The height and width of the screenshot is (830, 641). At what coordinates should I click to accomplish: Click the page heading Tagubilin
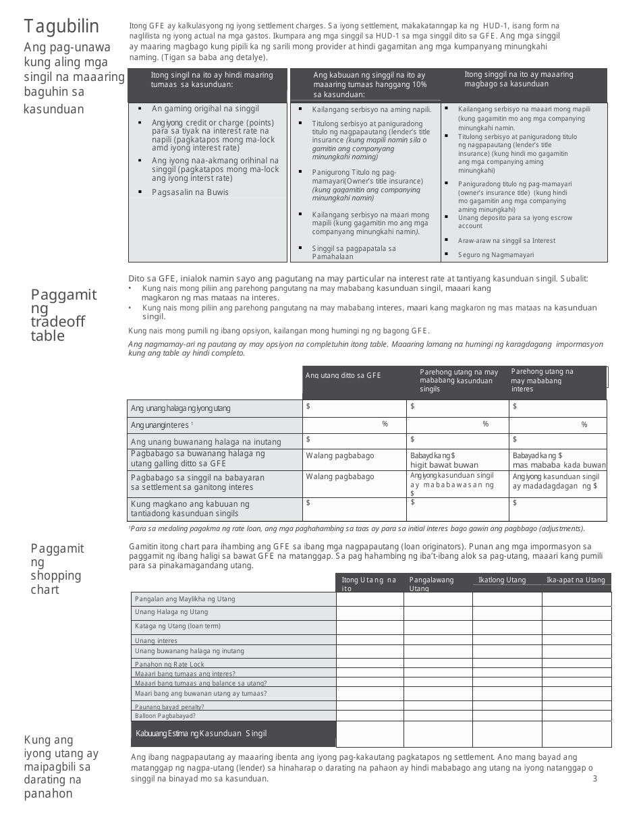(x=62, y=26)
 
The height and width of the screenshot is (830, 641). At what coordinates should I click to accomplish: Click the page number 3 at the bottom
(x=594, y=779)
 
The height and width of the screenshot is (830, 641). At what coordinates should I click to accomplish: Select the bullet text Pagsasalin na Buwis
(x=190, y=192)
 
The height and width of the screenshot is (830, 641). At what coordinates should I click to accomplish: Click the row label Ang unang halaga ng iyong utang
(x=180, y=408)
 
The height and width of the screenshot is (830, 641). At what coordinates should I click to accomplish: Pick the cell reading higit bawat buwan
(x=444, y=465)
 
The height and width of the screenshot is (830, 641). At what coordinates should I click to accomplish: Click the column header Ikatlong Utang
(x=502, y=580)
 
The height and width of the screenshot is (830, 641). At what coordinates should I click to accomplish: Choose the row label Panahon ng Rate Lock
(x=169, y=665)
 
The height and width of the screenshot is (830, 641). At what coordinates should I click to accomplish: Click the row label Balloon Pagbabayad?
(x=165, y=715)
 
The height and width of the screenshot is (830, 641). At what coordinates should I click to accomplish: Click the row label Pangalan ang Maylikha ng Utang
(x=185, y=599)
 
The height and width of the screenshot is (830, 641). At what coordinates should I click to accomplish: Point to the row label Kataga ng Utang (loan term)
(x=177, y=626)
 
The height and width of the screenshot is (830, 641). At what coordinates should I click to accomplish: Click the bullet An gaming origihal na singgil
(x=196, y=109)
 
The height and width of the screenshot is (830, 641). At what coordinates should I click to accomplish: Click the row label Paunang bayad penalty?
(x=169, y=707)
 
